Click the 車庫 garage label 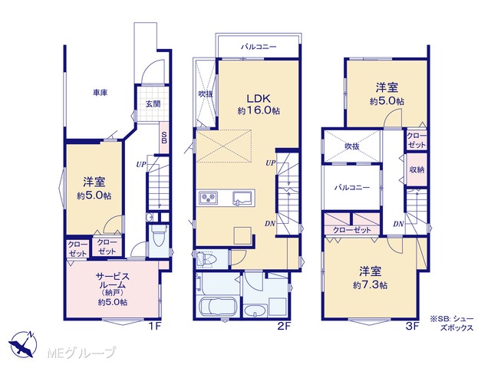pyautogui.click(x=101, y=93)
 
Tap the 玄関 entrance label pyautogui.click(x=153, y=104)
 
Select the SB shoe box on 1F pyautogui.click(x=164, y=137)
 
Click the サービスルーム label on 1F pyautogui.click(x=112, y=281)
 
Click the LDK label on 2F pyautogui.click(x=259, y=99)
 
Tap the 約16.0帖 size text pyautogui.click(x=259, y=110)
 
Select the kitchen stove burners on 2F pyautogui.click(x=208, y=198)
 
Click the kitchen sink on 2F pyautogui.click(x=242, y=198)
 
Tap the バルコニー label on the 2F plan pyautogui.click(x=259, y=47)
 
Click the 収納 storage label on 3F pyautogui.click(x=417, y=169)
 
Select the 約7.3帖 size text pyautogui.click(x=371, y=285)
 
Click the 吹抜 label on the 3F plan pyautogui.click(x=352, y=146)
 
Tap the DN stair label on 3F pyautogui.click(x=398, y=224)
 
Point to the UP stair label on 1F pyautogui.click(x=141, y=164)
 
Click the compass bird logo pyautogui.click(x=23, y=344)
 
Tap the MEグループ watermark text pyautogui.click(x=81, y=353)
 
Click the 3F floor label pyautogui.click(x=413, y=327)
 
